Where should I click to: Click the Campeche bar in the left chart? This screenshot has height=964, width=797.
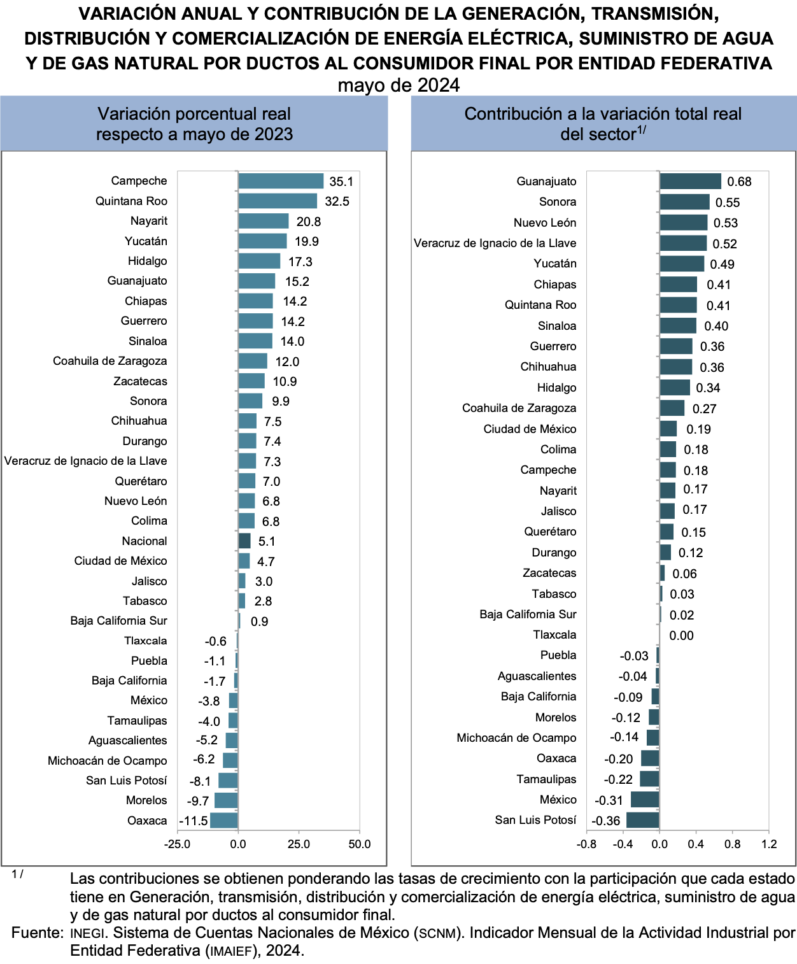point(281,181)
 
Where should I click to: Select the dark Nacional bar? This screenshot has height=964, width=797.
point(244,541)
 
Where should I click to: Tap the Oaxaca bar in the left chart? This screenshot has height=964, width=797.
point(224,821)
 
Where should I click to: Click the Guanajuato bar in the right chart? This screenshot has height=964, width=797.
point(690,181)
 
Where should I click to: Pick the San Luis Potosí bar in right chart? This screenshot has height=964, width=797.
point(643,820)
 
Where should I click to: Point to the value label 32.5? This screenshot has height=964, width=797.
point(337,202)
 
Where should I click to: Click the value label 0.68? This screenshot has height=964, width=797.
point(739,182)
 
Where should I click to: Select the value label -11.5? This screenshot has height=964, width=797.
point(194,821)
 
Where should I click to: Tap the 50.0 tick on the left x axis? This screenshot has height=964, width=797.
point(360,844)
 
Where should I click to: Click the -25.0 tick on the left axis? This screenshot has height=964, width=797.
point(177,844)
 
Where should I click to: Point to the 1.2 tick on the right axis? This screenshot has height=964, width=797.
point(769,844)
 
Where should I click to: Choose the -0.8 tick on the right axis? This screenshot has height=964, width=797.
point(586,844)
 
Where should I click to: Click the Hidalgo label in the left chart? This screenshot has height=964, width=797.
point(147,261)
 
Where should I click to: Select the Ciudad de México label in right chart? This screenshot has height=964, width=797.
point(530,429)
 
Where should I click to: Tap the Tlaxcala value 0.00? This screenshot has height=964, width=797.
point(681,635)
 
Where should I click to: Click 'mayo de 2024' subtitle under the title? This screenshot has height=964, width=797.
point(398,85)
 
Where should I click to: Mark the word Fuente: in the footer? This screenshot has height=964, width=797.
point(37,933)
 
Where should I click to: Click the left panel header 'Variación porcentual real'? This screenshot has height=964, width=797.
point(194,114)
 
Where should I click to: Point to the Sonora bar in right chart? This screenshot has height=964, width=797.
point(684,202)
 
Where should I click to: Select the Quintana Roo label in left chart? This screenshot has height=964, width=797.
point(131,201)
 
